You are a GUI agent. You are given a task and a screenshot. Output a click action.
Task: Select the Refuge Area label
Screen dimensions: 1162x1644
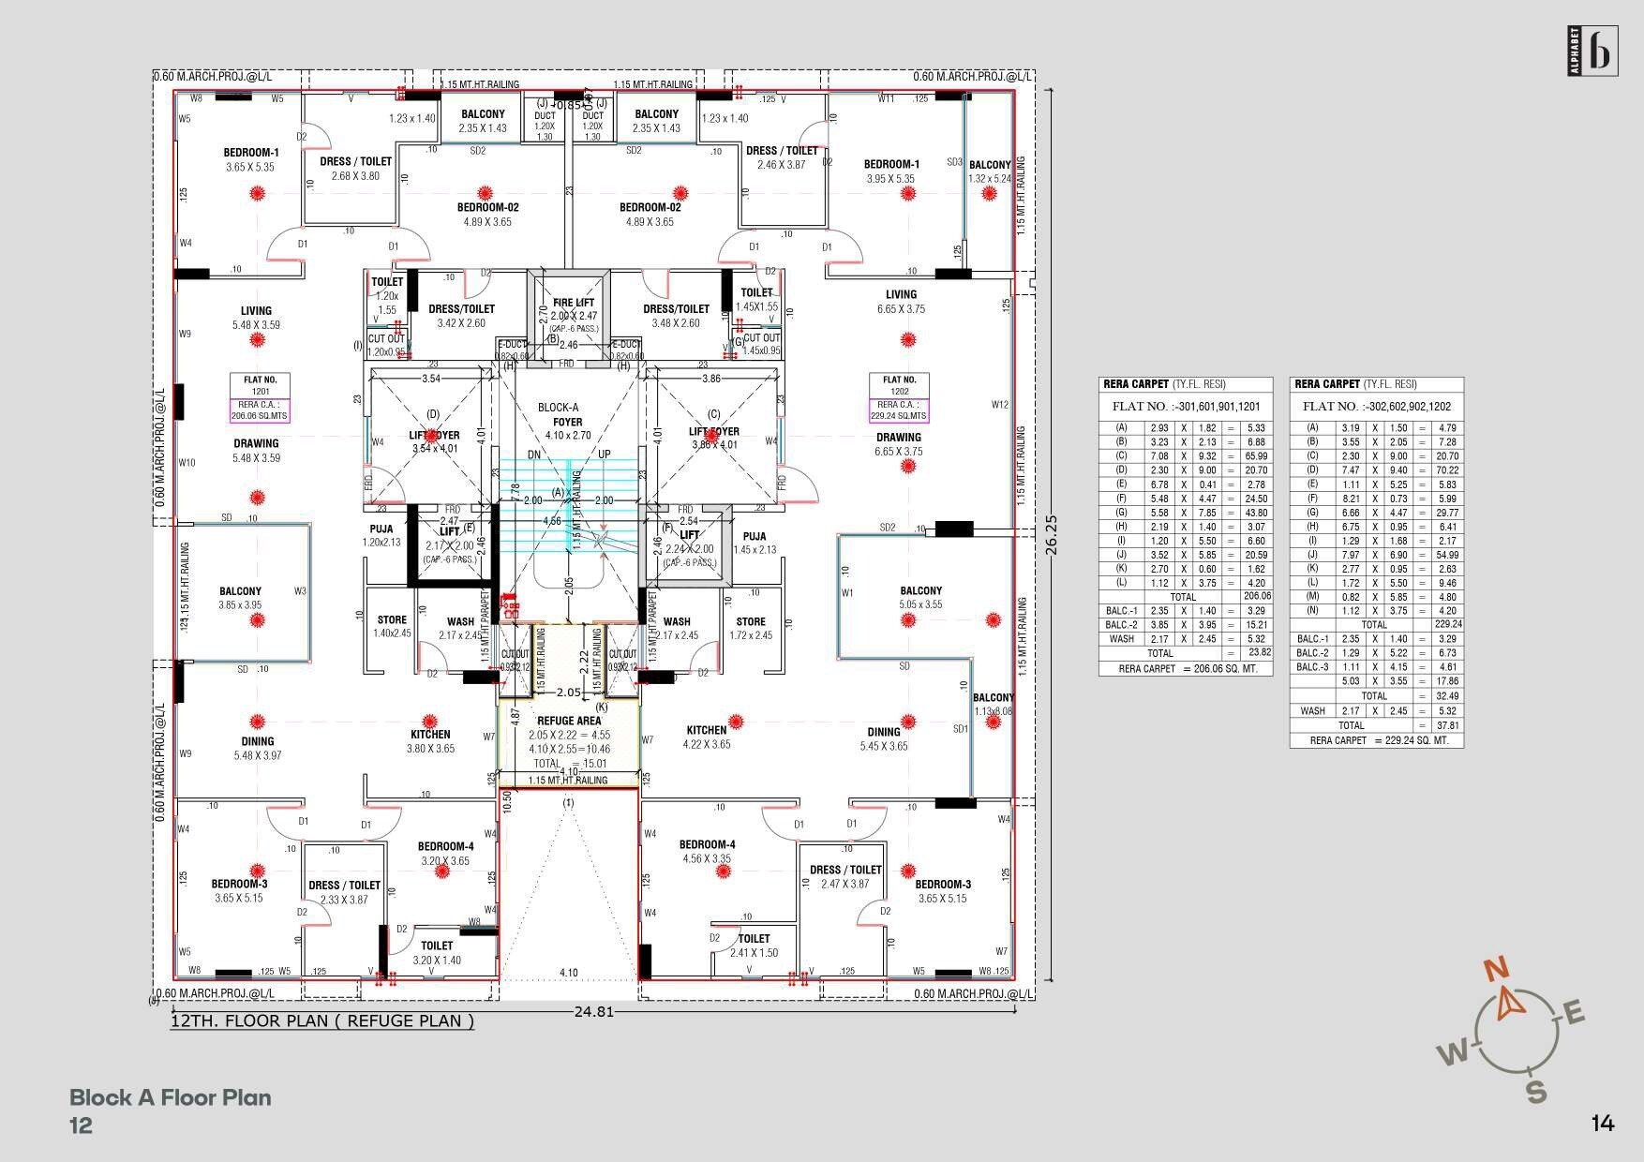(569, 721)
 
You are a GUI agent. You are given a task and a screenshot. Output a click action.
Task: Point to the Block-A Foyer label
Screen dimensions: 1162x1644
(567, 422)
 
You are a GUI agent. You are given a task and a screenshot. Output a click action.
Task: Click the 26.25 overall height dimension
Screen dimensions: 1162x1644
(1051, 535)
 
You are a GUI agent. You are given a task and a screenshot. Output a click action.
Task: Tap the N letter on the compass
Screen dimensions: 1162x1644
(1497, 969)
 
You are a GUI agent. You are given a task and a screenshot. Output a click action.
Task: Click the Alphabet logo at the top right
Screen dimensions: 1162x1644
(1592, 51)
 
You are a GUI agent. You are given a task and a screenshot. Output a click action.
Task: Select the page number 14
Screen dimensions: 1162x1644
(1602, 1123)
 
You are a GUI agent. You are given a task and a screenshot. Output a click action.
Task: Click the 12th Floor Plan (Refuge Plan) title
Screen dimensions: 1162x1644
(321, 1020)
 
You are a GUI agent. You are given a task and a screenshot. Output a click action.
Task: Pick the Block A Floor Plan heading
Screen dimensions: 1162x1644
(170, 1097)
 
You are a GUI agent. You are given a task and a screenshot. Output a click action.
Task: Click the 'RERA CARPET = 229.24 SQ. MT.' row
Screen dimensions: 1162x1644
(1376, 740)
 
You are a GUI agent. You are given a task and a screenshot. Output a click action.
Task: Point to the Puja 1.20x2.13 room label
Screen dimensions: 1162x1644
(382, 535)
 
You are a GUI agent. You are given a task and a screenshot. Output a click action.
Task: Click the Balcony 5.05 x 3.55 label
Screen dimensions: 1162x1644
(920, 597)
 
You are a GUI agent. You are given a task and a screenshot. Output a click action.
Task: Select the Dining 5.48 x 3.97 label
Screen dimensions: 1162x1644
(257, 748)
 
